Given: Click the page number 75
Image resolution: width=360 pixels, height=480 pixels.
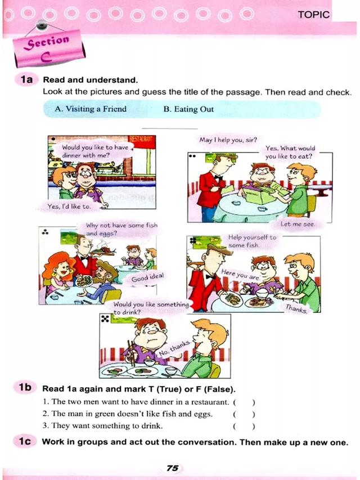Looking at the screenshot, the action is click(x=173, y=468).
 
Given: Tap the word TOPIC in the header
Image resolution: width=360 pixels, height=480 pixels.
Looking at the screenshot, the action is click(x=314, y=15).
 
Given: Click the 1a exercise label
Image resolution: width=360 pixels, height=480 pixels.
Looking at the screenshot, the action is click(x=26, y=79).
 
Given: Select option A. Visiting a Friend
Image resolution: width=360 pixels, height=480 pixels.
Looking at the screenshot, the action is click(x=91, y=109).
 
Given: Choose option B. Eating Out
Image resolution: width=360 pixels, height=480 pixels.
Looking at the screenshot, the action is click(x=188, y=109).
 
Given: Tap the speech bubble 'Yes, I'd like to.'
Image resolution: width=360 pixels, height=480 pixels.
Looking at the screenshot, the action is click(x=69, y=207).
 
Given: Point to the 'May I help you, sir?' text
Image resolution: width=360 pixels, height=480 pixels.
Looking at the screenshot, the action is click(x=228, y=140).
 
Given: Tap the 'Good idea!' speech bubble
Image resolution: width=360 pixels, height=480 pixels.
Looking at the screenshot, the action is click(x=147, y=278).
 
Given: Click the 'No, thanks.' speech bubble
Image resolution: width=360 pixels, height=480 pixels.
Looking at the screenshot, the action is click(x=174, y=349).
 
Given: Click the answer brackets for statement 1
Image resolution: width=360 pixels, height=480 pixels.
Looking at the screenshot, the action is click(x=244, y=402).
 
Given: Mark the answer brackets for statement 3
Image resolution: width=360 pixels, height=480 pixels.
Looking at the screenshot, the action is click(x=244, y=426).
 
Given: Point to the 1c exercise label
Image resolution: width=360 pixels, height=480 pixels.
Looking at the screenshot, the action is click(x=25, y=441).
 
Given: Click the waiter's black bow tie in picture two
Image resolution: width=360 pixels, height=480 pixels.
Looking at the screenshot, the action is click(x=218, y=177).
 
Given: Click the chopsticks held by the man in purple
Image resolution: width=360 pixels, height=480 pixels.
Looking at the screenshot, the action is click(x=132, y=353).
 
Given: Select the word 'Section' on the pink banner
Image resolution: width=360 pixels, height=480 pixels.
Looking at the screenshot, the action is click(x=47, y=42).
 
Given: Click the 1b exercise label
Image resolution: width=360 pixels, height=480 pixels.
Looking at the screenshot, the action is click(x=25, y=388).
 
